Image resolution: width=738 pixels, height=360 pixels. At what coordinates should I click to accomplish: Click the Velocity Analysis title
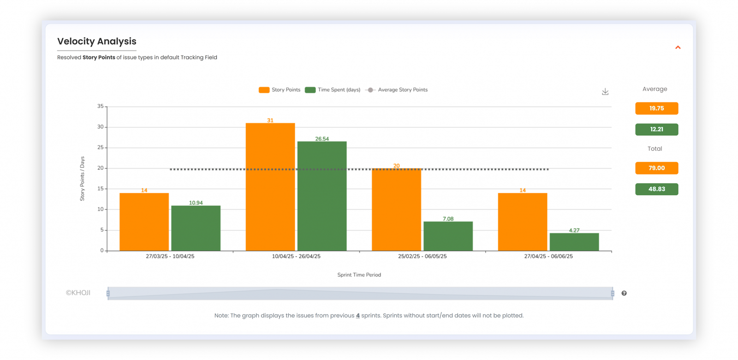pos(97,42)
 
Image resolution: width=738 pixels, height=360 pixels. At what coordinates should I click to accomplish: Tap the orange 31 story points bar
pos(270,187)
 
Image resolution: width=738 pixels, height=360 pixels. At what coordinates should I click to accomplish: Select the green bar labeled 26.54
pos(322,196)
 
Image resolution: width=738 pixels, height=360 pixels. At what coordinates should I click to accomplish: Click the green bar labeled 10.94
pos(196,228)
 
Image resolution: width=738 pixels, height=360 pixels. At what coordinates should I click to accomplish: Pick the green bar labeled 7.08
pos(448,236)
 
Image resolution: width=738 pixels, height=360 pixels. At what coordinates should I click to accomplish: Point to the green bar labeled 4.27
pos(574,242)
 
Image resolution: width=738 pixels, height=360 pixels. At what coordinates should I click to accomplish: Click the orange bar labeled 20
pos(396,210)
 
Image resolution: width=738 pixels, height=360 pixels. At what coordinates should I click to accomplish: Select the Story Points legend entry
pos(280,90)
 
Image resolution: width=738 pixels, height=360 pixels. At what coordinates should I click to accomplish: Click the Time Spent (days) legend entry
pos(333,90)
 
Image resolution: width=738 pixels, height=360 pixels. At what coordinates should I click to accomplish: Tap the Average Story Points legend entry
pos(397,90)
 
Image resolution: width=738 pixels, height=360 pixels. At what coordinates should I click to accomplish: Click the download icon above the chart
pos(605,92)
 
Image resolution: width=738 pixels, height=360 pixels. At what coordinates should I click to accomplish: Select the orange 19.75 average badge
pos(656,108)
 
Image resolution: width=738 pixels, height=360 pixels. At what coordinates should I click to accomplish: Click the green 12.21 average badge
pos(656,130)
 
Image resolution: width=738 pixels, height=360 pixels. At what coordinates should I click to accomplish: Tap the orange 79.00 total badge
pos(656,168)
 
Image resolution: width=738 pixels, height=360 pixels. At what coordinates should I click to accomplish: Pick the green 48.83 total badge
pos(656,189)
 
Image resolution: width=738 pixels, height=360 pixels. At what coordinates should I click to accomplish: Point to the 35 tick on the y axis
pos(100,106)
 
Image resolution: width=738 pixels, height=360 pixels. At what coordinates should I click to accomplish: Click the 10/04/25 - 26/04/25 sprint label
pos(296,256)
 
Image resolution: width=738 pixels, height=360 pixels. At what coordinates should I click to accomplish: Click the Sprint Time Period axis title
pos(359,275)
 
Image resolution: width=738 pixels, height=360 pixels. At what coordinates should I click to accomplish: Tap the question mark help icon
pos(624,293)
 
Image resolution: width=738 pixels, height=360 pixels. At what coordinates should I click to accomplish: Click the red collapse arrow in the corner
pos(678,48)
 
